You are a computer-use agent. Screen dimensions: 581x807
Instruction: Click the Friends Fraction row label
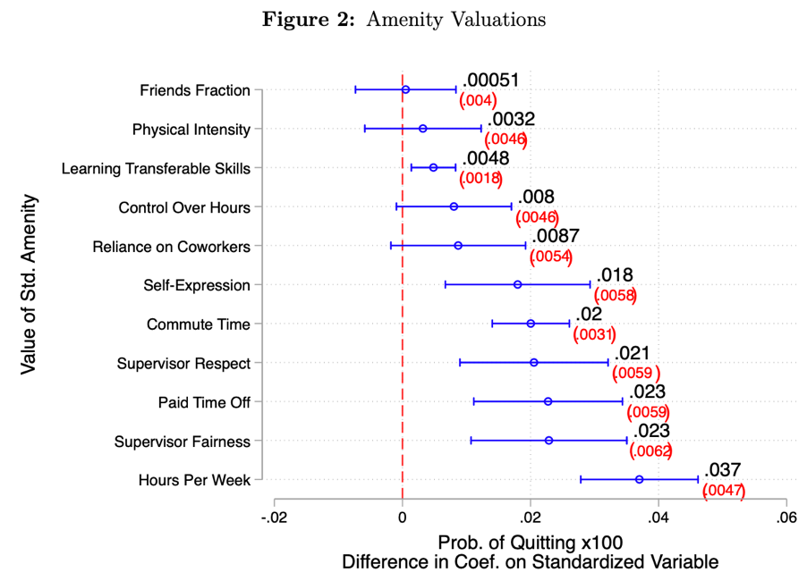pyautogui.click(x=195, y=90)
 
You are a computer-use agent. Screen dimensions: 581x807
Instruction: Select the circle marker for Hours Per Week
pyautogui.click(x=639, y=480)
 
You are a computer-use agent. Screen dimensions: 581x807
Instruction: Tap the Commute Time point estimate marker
pyautogui.click(x=531, y=324)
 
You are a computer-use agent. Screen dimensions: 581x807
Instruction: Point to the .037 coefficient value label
pyautogui.click(x=722, y=471)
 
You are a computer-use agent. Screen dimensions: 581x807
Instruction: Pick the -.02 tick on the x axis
pyautogui.click(x=274, y=518)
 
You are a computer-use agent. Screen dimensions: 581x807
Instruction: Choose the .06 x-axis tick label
pyautogui.click(x=785, y=518)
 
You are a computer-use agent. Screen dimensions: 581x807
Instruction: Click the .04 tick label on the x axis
pyautogui.click(x=658, y=518)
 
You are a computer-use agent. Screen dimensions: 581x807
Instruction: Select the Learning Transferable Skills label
pyautogui.click(x=156, y=168)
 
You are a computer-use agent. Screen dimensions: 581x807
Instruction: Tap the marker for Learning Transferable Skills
pyautogui.click(x=433, y=167)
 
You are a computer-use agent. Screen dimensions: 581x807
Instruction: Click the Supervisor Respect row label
pyautogui.click(x=183, y=363)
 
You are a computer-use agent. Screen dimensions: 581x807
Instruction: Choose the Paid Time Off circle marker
pyautogui.click(x=548, y=401)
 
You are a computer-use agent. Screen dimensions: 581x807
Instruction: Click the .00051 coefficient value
pyautogui.click(x=490, y=81)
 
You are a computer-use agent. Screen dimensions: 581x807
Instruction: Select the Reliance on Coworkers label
pyautogui.click(x=171, y=246)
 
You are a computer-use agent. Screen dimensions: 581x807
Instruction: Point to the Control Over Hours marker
pyautogui.click(x=454, y=206)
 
